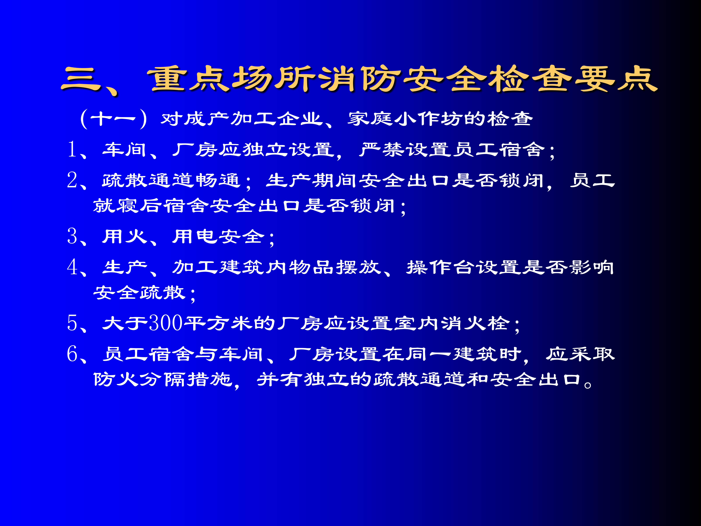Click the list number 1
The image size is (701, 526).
tap(72, 149)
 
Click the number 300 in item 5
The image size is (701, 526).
tap(166, 323)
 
